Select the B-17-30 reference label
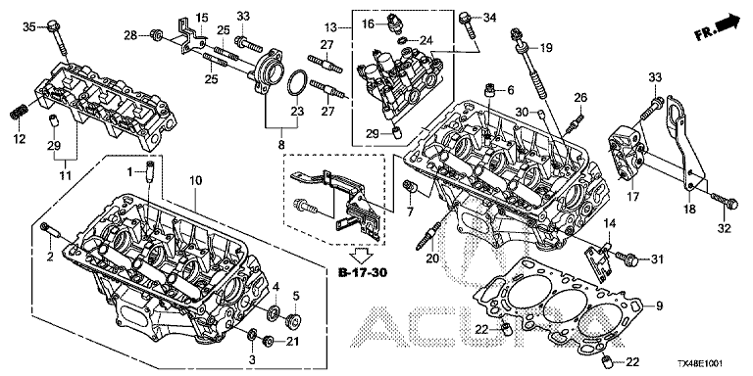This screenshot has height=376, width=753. (362, 273)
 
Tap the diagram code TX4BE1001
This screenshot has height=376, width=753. (700, 364)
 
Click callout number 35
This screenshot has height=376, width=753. (29, 26)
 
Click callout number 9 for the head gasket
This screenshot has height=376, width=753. (659, 305)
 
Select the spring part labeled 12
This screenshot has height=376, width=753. (18, 115)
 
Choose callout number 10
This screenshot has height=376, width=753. (195, 181)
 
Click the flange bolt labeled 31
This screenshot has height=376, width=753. (627, 259)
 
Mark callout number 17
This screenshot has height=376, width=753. (633, 196)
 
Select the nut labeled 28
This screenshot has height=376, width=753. (155, 34)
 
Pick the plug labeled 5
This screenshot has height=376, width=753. (294, 320)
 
